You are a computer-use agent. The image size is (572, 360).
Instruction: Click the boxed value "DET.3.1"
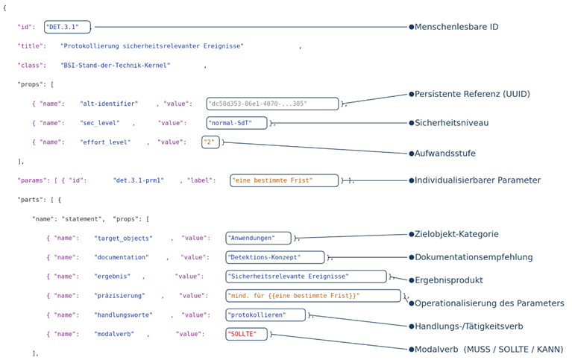[x=67, y=27]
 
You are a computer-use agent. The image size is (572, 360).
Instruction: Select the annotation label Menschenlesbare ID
[x=456, y=27]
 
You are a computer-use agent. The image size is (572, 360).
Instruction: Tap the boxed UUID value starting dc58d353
[x=272, y=104]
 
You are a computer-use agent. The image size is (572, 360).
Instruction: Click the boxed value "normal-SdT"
[x=236, y=123]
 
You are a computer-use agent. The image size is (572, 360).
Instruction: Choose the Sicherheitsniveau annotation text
[x=451, y=123]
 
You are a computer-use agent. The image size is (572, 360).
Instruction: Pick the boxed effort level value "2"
[x=210, y=142]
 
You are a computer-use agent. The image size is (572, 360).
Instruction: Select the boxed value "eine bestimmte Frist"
[x=284, y=180]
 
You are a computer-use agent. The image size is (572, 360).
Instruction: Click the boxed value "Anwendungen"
[x=258, y=239]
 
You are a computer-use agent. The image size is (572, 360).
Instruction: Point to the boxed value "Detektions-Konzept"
[x=275, y=257]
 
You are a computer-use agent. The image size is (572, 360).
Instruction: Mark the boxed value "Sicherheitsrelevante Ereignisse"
[x=306, y=277]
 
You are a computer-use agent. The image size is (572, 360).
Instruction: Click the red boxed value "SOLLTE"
[x=246, y=334]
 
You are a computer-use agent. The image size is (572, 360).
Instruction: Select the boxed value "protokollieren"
[x=265, y=315]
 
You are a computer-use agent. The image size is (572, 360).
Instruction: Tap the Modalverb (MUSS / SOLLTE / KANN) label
[x=488, y=350]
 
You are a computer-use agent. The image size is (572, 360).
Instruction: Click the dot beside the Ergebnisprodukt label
[x=411, y=280]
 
